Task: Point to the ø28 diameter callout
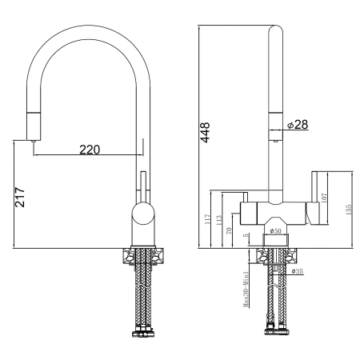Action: [x=297, y=124]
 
